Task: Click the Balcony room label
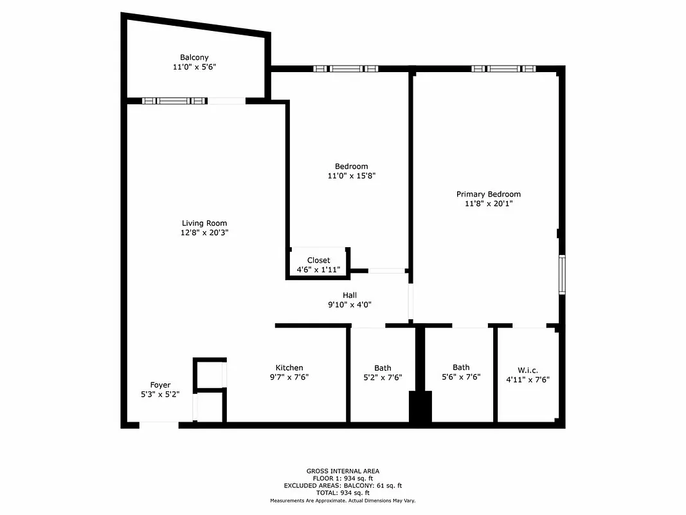pyautogui.click(x=194, y=57)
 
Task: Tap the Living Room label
pyautogui.click(x=204, y=223)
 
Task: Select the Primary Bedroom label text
pyautogui.click(x=488, y=194)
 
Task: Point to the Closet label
pyautogui.click(x=318, y=260)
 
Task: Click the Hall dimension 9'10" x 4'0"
pyautogui.click(x=350, y=304)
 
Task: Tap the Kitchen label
pyautogui.click(x=289, y=368)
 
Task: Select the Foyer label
pyautogui.click(x=160, y=385)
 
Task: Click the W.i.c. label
pyautogui.click(x=528, y=370)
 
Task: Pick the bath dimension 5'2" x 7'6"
pyautogui.click(x=382, y=377)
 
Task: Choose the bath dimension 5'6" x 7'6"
pyautogui.click(x=461, y=377)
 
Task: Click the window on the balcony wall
pyautogui.click(x=174, y=100)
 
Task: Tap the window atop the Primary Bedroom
pyautogui.click(x=503, y=68)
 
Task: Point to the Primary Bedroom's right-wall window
pyautogui.click(x=561, y=274)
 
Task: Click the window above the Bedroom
pyautogui.click(x=346, y=68)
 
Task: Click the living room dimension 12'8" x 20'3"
pyautogui.click(x=204, y=233)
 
